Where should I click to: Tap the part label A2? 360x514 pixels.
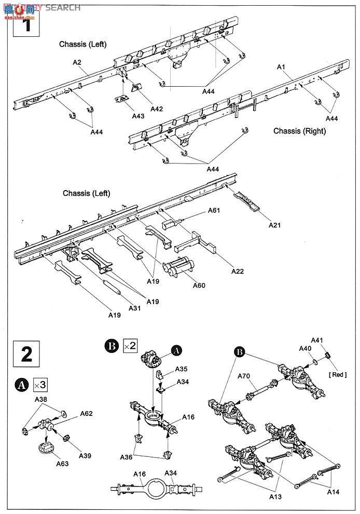pos(77,62)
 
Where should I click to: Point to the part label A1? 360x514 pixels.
pos(281,67)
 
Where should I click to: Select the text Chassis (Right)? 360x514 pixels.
pos(300,131)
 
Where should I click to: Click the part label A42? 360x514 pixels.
pos(157,109)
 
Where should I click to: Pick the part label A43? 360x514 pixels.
pos(138,116)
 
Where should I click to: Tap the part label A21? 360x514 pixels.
pos(275,225)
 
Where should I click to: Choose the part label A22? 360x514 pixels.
pos(238,271)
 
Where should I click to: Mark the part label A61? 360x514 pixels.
pos(214,210)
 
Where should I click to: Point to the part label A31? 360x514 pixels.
pos(135,308)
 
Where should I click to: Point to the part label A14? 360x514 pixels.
pos(334,492)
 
